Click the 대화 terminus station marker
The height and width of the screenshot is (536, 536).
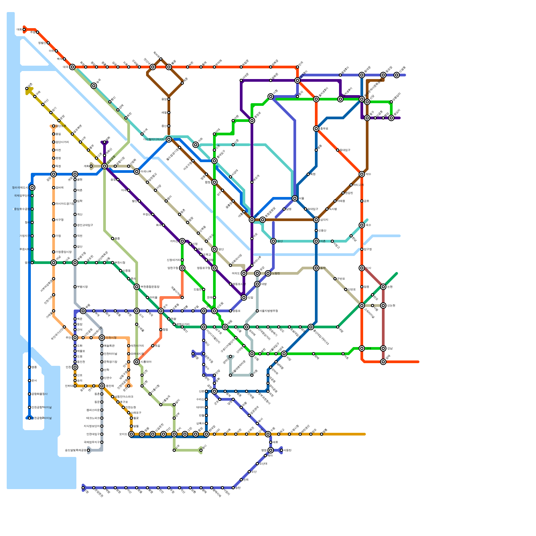[24, 29]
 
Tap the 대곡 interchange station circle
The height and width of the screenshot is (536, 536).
[72, 67]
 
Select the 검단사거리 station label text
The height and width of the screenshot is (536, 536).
[62, 142]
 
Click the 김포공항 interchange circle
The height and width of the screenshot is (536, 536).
[105, 166]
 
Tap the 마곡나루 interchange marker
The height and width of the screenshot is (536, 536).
[137, 172]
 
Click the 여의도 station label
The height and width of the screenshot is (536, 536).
[236, 273]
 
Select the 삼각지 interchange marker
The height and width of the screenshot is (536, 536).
[316, 220]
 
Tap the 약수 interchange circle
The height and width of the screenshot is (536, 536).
[362, 174]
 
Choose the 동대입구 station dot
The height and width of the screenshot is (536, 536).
[338, 150]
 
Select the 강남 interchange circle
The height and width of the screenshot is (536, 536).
[383, 348]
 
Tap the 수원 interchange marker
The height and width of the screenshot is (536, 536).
[268, 434]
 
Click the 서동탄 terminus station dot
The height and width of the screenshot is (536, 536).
[281, 450]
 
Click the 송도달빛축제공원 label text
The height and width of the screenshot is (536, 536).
[75, 450]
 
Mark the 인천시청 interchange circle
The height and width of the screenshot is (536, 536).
[102, 338]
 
